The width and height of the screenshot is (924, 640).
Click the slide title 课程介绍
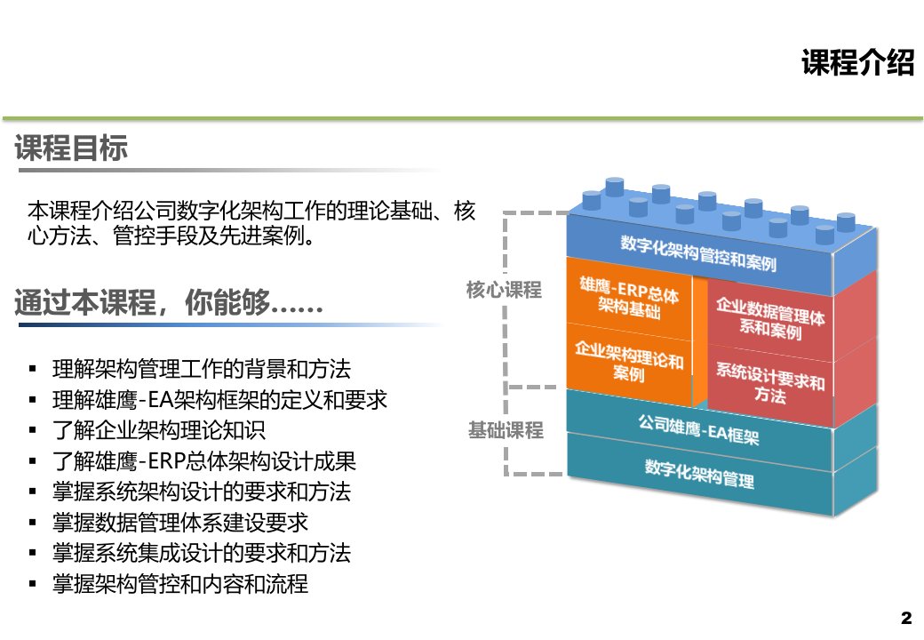(x=857, y=62)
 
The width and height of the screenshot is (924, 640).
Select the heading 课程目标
(x=71, y=148)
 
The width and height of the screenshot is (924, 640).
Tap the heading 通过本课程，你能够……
(x=169, y=302)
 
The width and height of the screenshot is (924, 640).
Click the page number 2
(x=906, y=618)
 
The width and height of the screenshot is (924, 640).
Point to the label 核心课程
(x=504, y=290)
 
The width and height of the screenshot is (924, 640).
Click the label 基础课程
(x=506, y=430)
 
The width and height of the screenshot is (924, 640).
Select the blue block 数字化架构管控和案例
(x=699, y=253)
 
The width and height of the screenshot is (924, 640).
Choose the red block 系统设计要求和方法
(x=770, y=384)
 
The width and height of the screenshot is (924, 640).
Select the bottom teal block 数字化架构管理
(x=699, y=475)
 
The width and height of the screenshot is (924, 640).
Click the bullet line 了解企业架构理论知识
(x=159, y=430)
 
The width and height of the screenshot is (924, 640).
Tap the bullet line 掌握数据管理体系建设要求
(x=180, y=522)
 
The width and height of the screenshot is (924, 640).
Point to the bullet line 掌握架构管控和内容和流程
(x=180, y=583)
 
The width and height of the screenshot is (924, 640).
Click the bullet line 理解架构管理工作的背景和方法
(x=202, y=369)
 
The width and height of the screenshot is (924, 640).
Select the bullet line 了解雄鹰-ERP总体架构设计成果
(x=203, y=460)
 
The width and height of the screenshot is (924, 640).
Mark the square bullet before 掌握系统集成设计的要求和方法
(x=32, y=554)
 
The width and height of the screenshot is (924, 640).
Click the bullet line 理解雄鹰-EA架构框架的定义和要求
(x=219, y=400)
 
